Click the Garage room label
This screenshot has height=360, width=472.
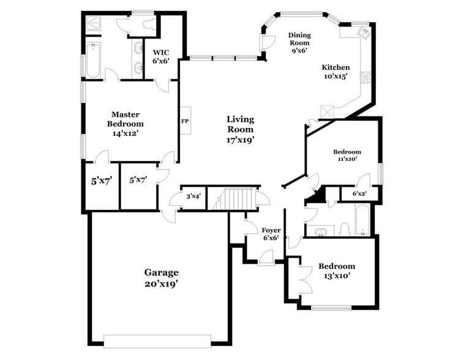(161, 272)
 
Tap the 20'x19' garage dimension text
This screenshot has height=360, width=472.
(161, 283)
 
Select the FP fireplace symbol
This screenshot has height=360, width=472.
(184, 121)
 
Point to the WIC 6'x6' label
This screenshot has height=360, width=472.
(161, 56)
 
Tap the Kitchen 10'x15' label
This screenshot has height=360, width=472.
(336, 72)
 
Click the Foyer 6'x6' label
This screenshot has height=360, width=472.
(270, 234)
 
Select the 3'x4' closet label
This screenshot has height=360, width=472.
(194, 197)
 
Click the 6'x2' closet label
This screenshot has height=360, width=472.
(360, 194)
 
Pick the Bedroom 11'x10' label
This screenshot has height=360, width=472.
(347, 155)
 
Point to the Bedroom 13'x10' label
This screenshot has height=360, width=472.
(336, 271)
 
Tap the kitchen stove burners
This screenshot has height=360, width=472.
(365, 77)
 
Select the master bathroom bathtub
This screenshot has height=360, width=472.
(92, 61)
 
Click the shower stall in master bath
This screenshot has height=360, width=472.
(93, 22)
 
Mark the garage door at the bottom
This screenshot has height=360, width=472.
(157, 341)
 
